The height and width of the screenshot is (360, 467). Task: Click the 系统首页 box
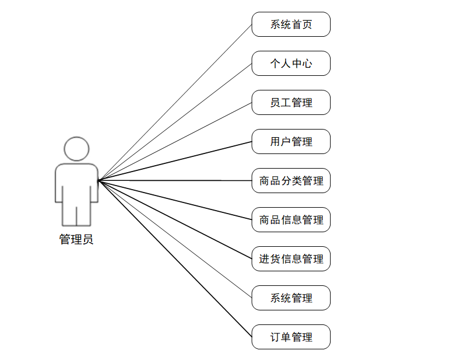tap(291, 25)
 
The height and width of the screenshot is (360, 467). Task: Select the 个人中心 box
tap(291, 64)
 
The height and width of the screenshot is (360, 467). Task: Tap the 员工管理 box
tap(291, 103)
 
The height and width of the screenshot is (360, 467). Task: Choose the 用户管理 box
tap(291, 142)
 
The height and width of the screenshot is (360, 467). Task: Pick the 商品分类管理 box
tap(291, 181)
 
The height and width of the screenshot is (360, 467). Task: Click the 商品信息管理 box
tap(291, 220)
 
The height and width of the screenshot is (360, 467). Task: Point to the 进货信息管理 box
tap(291, 259)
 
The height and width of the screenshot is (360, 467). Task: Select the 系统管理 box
tap(291, 298)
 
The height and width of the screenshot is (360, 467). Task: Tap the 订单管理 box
tap(291, 337)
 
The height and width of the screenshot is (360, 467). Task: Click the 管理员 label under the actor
tap(76, 239)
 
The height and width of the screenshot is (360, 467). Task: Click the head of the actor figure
tap(76, 149)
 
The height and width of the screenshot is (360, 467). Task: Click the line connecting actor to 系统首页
tap(175, 103)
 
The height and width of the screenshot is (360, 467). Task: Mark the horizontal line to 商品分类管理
tap(175, 181)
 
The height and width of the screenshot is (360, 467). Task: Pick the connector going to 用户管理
tap(175, 161)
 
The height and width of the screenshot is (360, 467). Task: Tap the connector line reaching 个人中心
tap(175, 122)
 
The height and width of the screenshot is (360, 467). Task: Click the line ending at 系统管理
tap(175, 239)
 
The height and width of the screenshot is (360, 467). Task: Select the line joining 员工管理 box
tap(175, 142)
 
